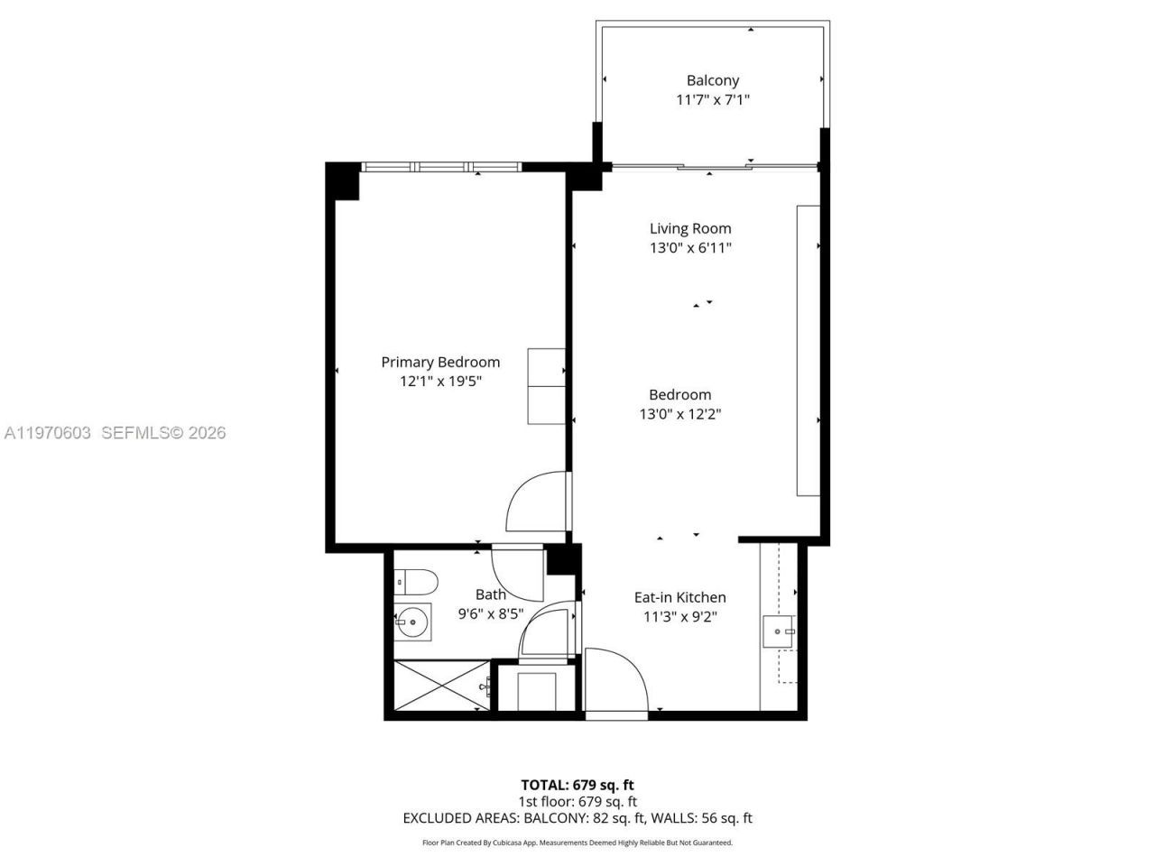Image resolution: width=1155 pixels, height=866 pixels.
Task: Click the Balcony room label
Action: pos(712,80)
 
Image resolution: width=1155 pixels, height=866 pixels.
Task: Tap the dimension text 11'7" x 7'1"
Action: pos(712,100)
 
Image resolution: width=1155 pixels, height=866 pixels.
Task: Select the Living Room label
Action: pos(690,228)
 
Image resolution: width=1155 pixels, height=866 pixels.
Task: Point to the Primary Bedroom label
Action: pos(439,362)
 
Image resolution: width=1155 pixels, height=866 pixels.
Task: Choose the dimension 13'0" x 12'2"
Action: pos(679,414)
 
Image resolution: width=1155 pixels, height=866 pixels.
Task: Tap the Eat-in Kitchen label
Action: pos(679,597)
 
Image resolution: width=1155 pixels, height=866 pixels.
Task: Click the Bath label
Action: pos(491,594)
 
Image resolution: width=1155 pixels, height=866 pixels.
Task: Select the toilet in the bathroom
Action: pos(416,581)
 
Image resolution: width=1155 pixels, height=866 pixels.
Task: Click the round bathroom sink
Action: pos(414,622)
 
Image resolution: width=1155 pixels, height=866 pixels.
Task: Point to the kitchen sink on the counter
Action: pos(777,632)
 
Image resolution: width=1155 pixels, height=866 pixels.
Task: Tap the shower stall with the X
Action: pos(441,686)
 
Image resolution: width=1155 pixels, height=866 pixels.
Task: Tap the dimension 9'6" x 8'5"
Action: pos(491,614)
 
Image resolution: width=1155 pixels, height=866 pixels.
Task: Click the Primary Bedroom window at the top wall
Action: pos(441,167)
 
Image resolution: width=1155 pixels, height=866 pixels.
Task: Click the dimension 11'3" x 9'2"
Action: pos(679,617)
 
